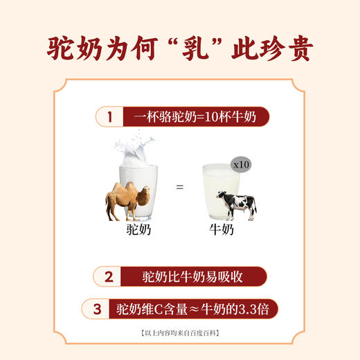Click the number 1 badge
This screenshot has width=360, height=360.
pyautogui.click(x=109, y=117)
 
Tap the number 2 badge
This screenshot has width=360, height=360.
pyautogui.click(x=109, y=278)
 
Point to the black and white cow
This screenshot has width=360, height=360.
pyautogui.click(x=236, y=205)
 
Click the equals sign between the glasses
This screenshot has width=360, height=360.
pyautogui.click(x=180, y=186)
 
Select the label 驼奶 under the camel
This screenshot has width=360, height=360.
pyautogui.click(x=139, y=231)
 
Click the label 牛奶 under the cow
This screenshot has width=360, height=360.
pyautogui.click(x=222, y=231)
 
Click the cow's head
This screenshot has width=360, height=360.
pyautogui.click(x=221, y=200)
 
